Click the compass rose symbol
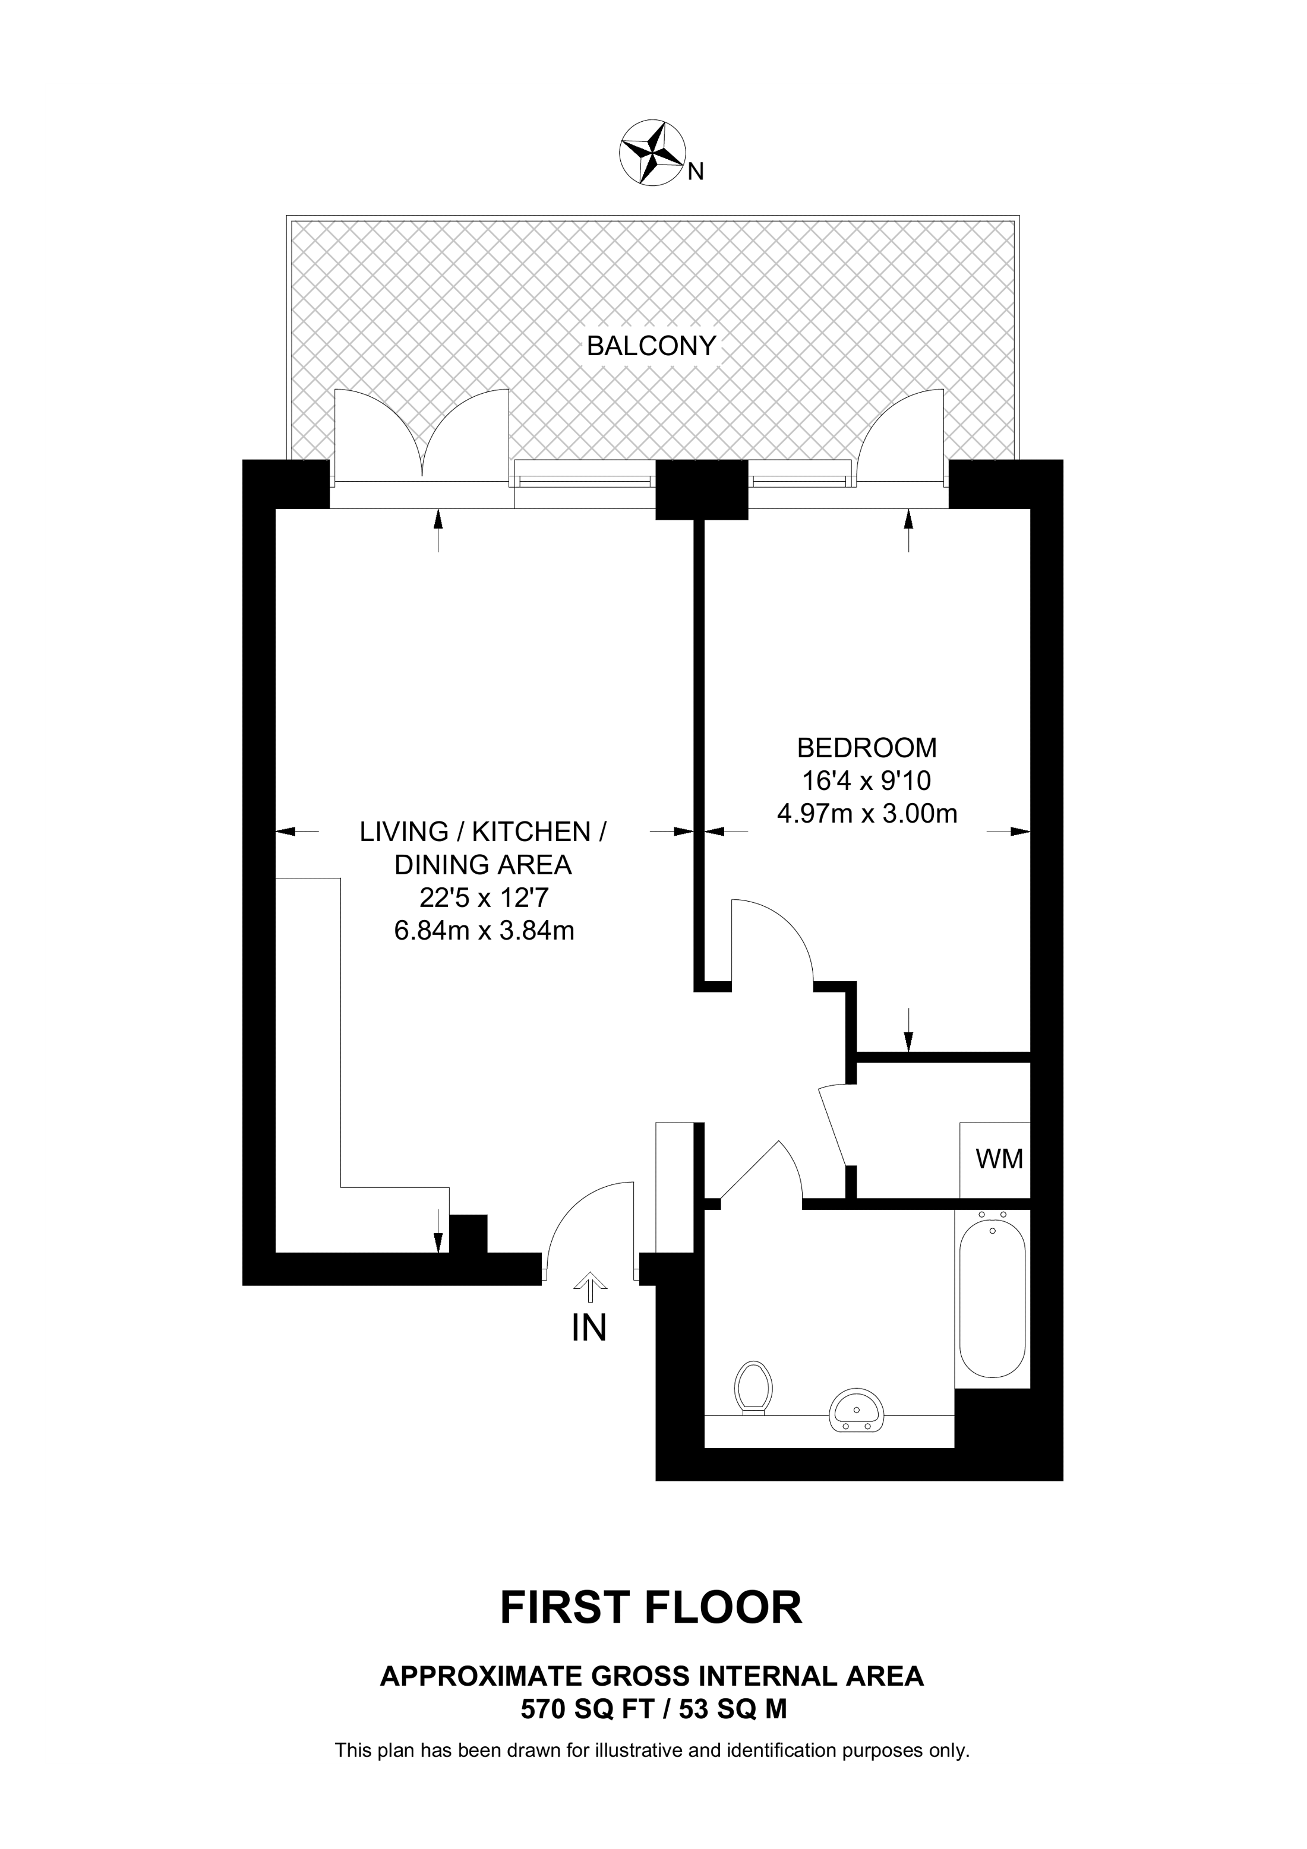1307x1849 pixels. [x=652, y=153]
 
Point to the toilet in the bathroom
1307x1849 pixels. [x=754, y=1387]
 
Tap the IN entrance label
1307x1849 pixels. [x=589, y=1328]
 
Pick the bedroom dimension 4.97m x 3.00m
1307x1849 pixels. [x=867, y=814]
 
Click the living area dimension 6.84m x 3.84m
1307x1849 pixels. [x=484, y=931]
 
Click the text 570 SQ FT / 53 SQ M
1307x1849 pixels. [x=653, y=1704]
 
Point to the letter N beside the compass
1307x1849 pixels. [x=696, y=172]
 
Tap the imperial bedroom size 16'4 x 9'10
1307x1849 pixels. [x=867, y=780]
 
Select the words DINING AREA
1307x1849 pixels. [x=483, y=864]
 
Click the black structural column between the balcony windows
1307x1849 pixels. [x=702, y=489]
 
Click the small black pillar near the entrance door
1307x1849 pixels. [x=468, y=1234]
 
